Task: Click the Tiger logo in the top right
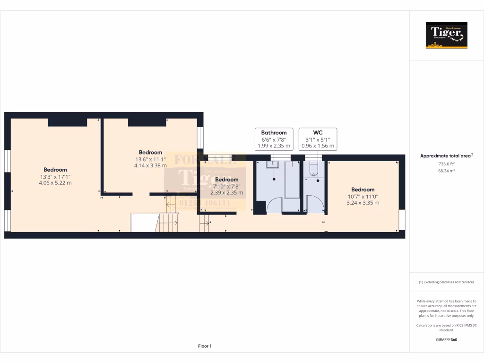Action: [x=446, y=35]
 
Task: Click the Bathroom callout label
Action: [x=274, y=133]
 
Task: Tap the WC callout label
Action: [x=318, y=133]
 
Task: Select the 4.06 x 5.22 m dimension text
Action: [x=55, y=183]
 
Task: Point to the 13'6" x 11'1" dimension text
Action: [x=150, y=159]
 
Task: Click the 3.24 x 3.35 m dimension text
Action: [x=363, y=203]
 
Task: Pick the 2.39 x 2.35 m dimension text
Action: [x=227, y=193]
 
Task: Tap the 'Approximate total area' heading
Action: [x=446, y=156]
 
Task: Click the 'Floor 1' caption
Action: [x=205, y=346]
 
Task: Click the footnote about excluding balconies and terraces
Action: [x=446, y=282]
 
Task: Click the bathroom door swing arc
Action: [x=274, y=206]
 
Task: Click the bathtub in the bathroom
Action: [x=293, y=180]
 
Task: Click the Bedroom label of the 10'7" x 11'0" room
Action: [x=363, y=190]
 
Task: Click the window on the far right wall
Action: [x=402, y=220]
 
